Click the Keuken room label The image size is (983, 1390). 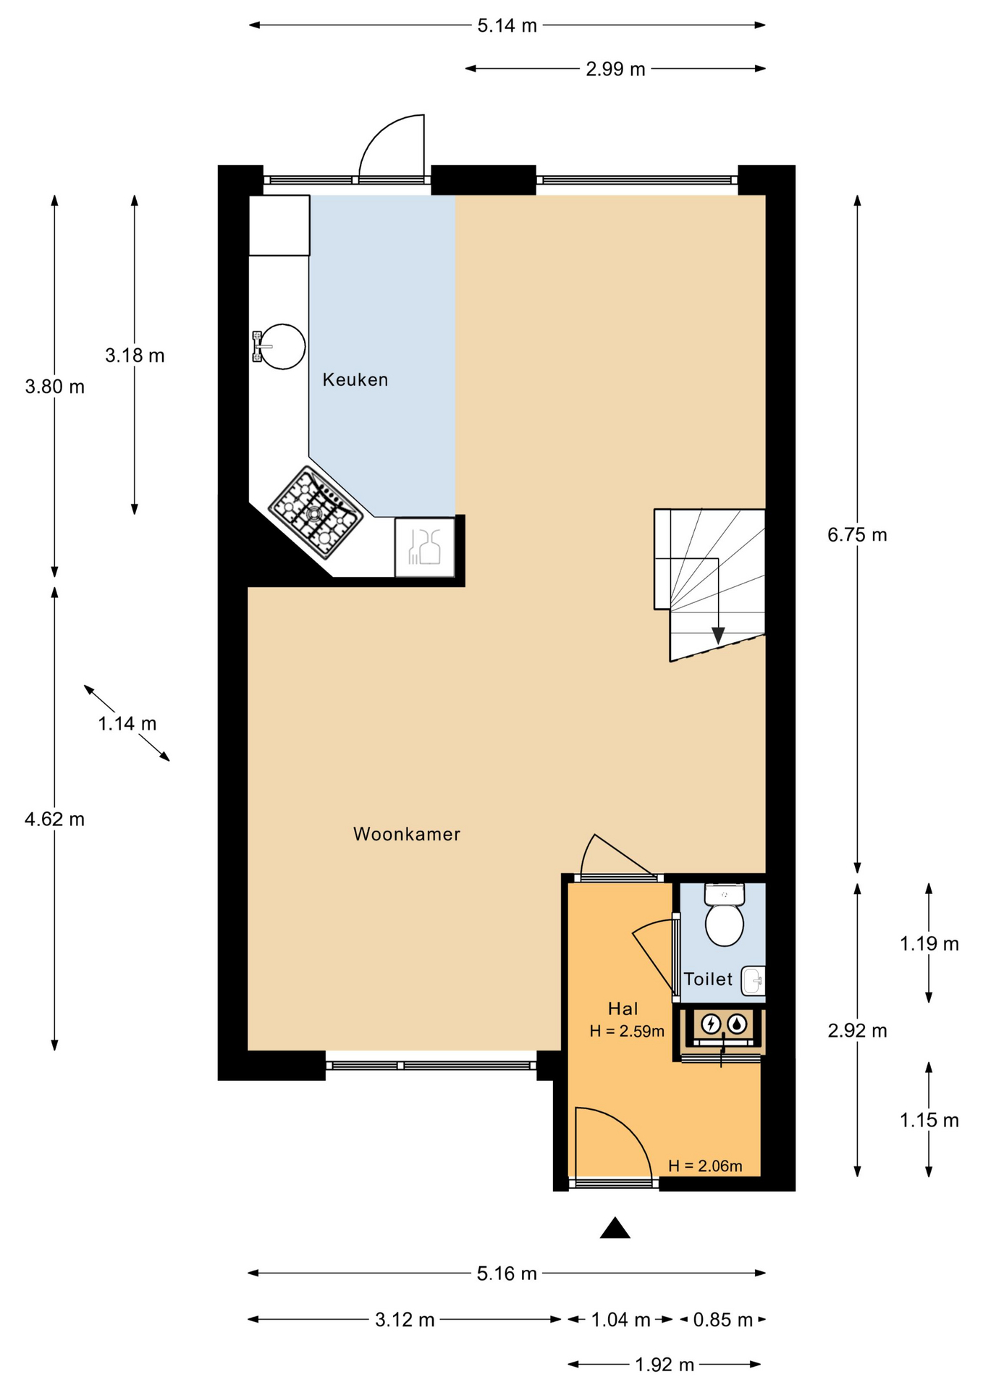point(355,380)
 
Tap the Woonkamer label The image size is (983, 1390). point(407,834)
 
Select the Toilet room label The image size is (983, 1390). point(708,980)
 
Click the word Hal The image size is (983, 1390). point(623,1008)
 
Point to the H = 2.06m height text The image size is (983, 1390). point(705,1166)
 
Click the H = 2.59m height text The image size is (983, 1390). point(627,1031)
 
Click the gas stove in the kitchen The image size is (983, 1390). point(316,513)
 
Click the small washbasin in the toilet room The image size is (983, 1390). point(754,981)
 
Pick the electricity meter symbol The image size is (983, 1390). point(711,1023)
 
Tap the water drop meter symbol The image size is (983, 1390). point(737,1023)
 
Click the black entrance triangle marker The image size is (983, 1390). point(615,1228)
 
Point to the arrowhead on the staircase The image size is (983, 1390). point(718,636)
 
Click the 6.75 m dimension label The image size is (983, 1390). point(857,535)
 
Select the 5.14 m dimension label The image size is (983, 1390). point(507,26)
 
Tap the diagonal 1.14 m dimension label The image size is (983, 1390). point(127,723)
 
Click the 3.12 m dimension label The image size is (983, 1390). point(405,1320)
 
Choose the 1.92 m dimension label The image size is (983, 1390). point(665,1365)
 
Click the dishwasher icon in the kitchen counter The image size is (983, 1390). point(425,547)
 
